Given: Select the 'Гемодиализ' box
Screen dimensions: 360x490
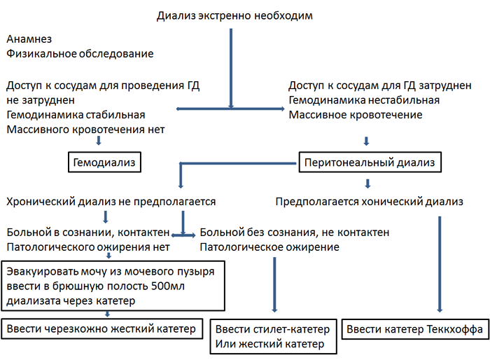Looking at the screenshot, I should click(104, 163).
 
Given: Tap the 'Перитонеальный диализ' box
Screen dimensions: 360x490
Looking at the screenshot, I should click(370, 163).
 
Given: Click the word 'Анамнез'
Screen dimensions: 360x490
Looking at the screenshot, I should click(29, 40).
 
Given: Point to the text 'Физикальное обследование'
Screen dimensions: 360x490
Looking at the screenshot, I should click(80, 54).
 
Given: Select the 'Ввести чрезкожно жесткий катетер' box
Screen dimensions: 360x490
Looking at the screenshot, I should click(102, 328).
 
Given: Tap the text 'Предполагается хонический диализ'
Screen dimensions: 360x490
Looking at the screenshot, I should click(369, 202).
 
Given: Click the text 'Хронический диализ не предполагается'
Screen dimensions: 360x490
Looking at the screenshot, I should click(111, 202).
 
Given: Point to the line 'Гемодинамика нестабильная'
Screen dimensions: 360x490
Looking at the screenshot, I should click(364, 100).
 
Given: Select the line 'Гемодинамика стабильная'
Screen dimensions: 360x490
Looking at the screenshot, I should click(76, 115).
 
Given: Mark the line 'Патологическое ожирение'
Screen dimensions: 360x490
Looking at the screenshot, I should click(269, 247).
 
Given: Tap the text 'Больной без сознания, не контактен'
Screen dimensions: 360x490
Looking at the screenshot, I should click(295, 233).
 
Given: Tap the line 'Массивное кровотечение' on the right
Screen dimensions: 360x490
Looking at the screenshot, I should click(355, 115).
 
